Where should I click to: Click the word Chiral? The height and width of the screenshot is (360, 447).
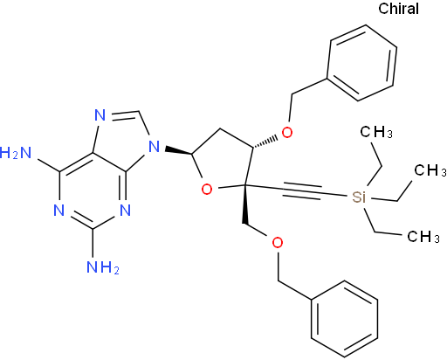point(398,9)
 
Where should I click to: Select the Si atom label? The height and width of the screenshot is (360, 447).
point(359,197)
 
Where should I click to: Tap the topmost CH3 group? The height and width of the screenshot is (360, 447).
point(376,132)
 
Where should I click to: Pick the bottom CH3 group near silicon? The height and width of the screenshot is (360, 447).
point(423,237)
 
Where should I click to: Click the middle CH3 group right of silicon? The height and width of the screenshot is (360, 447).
point(430,170)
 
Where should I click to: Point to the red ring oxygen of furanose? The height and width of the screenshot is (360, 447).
point(207,190)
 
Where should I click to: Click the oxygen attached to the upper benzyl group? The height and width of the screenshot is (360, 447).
point(287,133)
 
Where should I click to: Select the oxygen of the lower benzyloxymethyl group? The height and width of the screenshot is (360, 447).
point(278,243)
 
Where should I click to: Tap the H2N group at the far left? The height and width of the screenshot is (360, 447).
point(16,153)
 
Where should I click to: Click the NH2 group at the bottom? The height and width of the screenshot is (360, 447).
point(103,267)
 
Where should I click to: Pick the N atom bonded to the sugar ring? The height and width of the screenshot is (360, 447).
point(154,147)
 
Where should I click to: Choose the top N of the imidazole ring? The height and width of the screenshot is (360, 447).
point(100,115)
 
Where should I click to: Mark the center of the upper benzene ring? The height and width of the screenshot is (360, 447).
point(361,63)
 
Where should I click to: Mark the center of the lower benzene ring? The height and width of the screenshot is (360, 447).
point(345,319)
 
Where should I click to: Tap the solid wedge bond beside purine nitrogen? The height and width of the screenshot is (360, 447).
point(178,151)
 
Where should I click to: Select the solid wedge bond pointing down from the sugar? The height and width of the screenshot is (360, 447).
point(244,204)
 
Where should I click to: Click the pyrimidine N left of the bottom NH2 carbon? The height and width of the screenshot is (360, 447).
point(59,211)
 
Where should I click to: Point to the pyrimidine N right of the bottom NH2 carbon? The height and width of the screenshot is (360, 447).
point(125,211)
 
